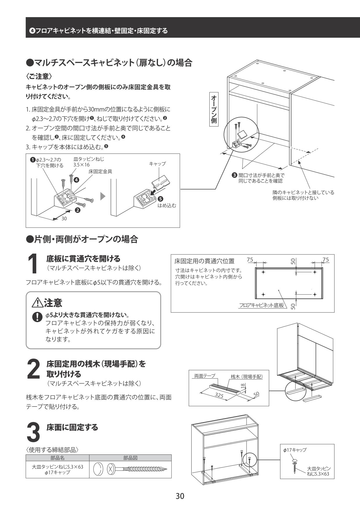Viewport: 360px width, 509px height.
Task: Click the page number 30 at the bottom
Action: point(180,496)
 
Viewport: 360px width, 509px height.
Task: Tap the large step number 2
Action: point(33,369)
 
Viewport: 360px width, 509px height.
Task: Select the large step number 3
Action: point(33,432)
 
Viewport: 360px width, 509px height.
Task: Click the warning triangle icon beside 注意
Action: point(37,303)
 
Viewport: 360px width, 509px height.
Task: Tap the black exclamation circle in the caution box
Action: point(37,317)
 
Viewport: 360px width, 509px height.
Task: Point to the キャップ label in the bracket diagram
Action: point(157,164)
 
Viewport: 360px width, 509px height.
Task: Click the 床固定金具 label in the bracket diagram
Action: point(100,172)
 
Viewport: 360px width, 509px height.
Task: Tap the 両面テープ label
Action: point(204,376)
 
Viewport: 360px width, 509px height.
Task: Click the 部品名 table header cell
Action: point(57,458)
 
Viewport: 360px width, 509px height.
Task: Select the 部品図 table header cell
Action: point(130,458)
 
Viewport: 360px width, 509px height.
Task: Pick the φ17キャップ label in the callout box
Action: point(295,450)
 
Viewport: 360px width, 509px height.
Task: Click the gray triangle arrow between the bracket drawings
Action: point(103,196)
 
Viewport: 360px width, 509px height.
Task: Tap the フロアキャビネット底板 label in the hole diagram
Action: point(261,305)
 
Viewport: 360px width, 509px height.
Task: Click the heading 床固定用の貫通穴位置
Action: point(204,261)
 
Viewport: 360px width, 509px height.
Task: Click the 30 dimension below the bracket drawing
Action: point(64,219)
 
